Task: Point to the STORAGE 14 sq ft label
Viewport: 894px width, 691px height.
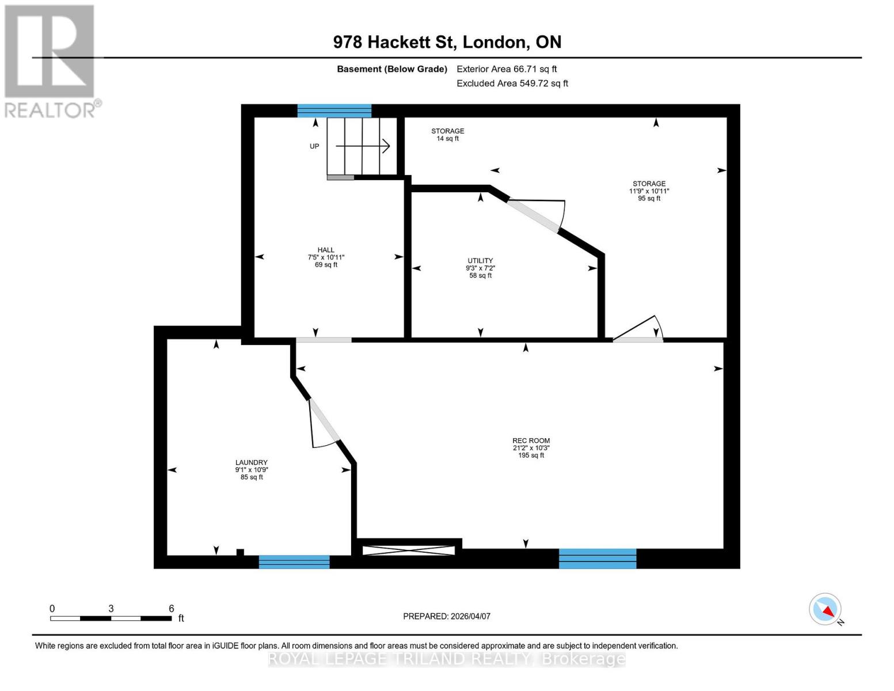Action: (x=448, y=135)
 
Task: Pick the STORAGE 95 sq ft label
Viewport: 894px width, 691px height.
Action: (x=649, y=191)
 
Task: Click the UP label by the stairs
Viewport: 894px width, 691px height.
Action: (x=314, y=146)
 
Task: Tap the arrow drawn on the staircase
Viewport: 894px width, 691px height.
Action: (x=363, y=146)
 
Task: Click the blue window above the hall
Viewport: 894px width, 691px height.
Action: (x=334, y=111)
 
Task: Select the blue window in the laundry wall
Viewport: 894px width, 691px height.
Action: (x=294, y=561)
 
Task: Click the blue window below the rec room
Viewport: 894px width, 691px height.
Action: (x=598, y=559)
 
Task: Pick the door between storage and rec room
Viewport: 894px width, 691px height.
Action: (x=638, y=340)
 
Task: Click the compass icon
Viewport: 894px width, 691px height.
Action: (x=825, y=609)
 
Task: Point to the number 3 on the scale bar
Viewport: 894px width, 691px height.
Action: (x=111, y=609)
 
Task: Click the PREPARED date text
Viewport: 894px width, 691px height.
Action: (x=447, y=616)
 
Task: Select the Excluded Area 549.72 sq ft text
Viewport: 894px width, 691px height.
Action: (x=512, y=83)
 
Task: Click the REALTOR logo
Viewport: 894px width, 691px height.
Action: (x=51, y=60)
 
